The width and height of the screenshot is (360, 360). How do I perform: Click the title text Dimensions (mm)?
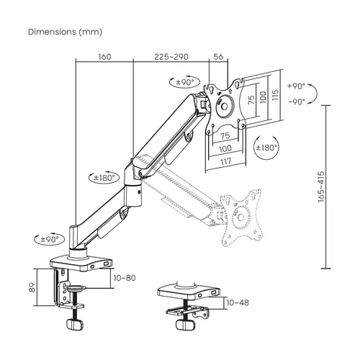click(x=65, y=32)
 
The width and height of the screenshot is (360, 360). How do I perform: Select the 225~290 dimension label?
click(x=172, y=56)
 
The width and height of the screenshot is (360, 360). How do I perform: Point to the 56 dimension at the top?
click(x=218, y=56)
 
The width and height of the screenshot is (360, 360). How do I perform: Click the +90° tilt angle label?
click(x=296, y=86)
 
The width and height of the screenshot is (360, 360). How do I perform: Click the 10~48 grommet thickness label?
click(x=238, y=304)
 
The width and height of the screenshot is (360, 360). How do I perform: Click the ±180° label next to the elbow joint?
click(x=105, y=176)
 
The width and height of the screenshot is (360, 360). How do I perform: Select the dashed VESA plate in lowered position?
click(x=245, y=212)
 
